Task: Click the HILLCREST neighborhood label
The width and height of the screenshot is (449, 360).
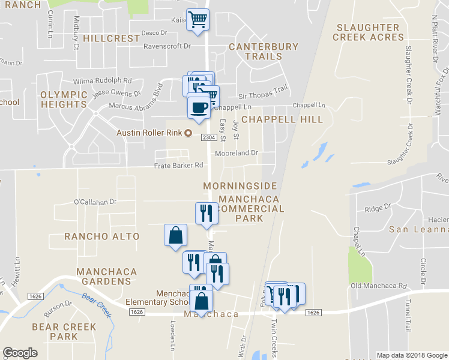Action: (112, 38)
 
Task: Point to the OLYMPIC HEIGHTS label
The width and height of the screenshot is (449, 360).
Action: (63, 100)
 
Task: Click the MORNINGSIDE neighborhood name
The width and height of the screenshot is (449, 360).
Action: (240, 186)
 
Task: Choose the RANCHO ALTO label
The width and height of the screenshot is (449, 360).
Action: (102, 236)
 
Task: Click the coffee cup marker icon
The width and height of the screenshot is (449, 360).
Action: (199, 106)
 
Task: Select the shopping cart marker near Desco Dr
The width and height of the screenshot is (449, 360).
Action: (197, 19)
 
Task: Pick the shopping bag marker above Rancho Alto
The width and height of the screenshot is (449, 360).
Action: (175, 235)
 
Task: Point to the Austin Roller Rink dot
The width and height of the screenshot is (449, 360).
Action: (188, 133)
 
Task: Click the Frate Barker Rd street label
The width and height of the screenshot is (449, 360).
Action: (179, 165)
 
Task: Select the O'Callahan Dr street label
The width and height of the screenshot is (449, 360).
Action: (95, 202)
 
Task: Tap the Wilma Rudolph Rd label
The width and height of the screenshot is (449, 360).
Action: (102, 80)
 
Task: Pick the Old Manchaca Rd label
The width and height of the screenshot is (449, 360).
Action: (379, 286)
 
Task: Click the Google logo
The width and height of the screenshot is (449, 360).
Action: (20, 353)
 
